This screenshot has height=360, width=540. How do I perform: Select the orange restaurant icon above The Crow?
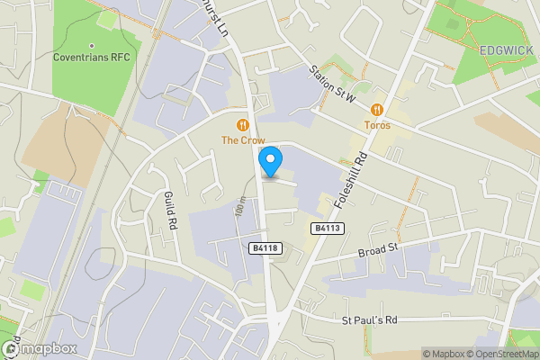click(x=242, y=124)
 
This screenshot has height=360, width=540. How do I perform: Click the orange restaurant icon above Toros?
click(x=377, y=110)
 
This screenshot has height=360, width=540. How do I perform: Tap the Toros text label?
click(x=377, y=125)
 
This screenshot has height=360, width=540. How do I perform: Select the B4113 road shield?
click(x=328, y=229)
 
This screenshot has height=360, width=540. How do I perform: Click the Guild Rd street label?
click(x=167, y=211)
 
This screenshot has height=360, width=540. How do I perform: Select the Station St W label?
click(x=332, y=84)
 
